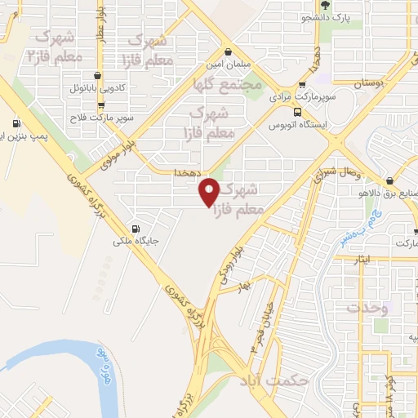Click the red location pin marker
(210, 191)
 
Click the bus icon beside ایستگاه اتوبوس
(297, 112)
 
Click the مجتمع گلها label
(229, 84)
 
